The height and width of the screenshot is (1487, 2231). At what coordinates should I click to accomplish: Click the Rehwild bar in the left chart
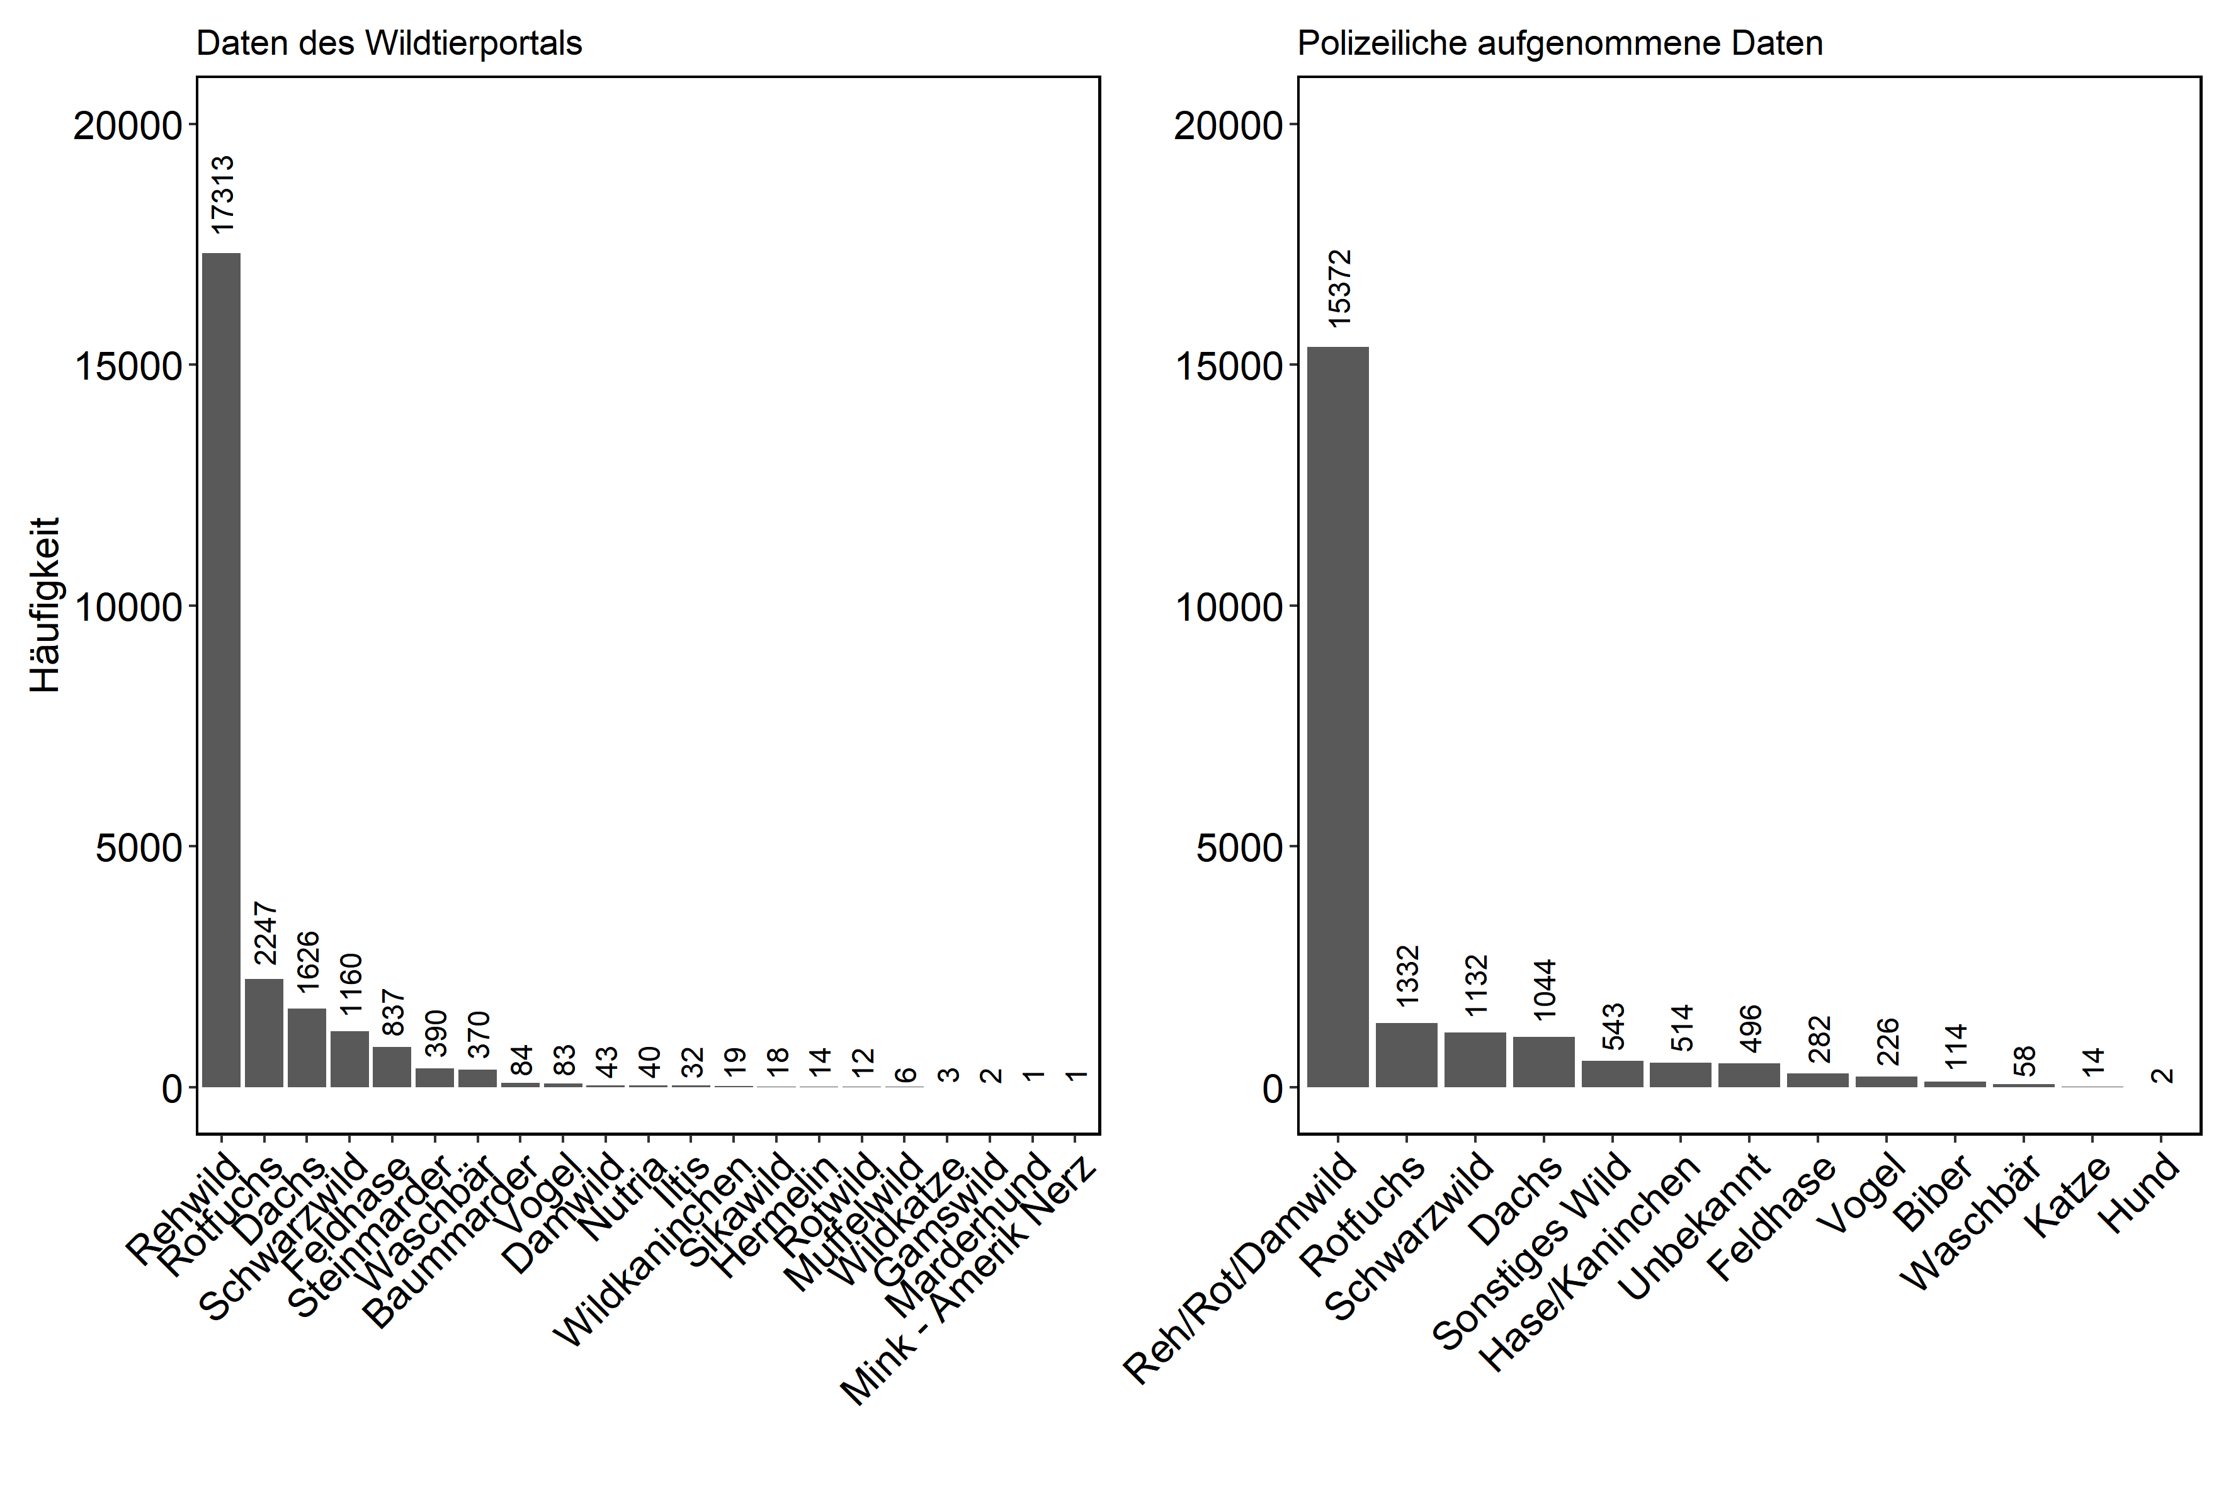[x=221, y=669]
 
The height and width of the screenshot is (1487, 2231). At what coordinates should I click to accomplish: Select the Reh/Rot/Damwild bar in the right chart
[x=1337, y=716]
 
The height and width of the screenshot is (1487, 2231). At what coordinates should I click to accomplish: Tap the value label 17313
[x=222, y=195]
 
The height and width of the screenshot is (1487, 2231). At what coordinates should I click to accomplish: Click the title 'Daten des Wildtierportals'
[x=389, y=43]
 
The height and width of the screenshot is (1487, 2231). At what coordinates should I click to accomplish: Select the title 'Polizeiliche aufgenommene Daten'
[x=1559, y=43]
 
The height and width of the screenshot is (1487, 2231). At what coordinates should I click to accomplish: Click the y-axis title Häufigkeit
[x=45, y=604]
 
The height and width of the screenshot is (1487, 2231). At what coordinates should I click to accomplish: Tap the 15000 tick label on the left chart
[x=127, y=367]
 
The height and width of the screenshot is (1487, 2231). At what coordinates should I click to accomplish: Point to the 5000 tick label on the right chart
[x=1240, y=848]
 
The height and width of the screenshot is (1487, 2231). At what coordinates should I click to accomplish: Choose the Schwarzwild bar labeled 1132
[x=1475, y=1060]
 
